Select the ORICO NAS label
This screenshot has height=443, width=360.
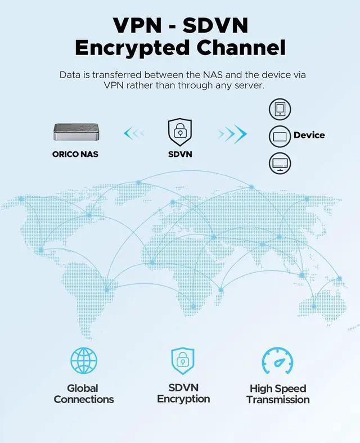click(75, 153)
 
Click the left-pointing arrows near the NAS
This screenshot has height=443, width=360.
click(134, 133)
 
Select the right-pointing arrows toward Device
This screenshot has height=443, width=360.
click(232, 133)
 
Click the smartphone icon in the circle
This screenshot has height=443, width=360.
click(280, 109)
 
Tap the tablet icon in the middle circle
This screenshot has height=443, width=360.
click(280, 135)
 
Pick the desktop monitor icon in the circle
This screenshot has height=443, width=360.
click(280, 162)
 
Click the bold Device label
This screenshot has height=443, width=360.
click(309, 135)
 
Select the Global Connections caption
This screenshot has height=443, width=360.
click(84, 394)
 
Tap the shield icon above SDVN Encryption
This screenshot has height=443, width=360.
click(183, 360)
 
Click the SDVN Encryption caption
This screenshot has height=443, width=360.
click(183, 393)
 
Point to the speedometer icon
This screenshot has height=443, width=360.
click(277, 361)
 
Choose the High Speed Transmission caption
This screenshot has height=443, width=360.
click(277, 394)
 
